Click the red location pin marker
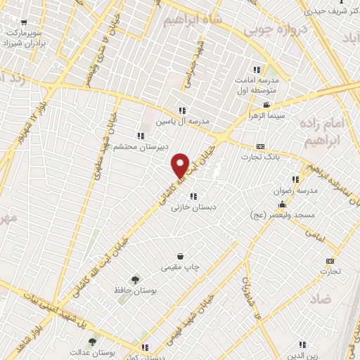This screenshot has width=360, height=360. tap(181, 165)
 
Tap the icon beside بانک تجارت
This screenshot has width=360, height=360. tap(261, 146)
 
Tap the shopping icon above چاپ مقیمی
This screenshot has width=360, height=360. tap(181, 257)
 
